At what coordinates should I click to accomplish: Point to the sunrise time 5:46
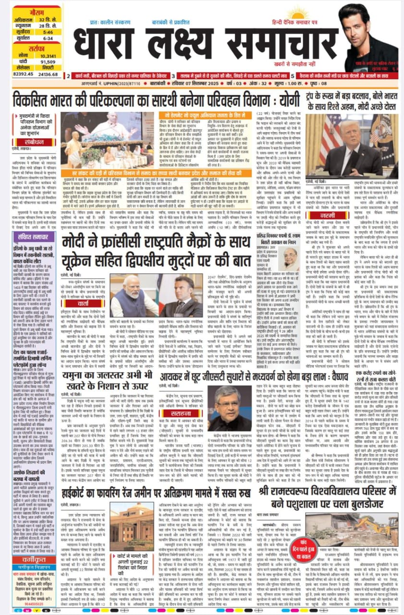(48, 31)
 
